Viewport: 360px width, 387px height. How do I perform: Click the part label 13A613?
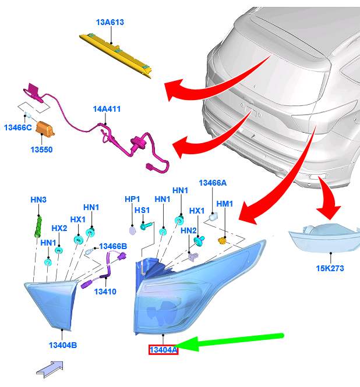click(x=110, y=22)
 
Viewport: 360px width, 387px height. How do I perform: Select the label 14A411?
click(x=107, y=109)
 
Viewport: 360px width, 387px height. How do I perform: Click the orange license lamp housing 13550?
click(x=45, y=129)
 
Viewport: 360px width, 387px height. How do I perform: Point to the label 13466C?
click(x=18, y=127)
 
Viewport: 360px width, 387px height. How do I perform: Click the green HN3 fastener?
click(x=38, y=226)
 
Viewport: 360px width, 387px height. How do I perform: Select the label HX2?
click(x=59, y=228)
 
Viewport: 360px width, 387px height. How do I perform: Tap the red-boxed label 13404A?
click(x=163, y=350)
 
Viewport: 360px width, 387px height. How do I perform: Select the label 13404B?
click(x=63, y=345)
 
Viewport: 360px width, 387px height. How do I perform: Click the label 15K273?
click(x=330, y=268)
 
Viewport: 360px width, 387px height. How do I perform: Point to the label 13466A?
click(x=213, y=183)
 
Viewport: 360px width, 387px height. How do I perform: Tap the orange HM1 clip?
click(x=222, y=240)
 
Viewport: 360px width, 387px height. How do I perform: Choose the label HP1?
click(x=132, y=199)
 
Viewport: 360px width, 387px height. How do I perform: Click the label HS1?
click(x=142, y=210)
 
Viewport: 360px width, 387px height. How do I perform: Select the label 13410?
click(x=105, y=292)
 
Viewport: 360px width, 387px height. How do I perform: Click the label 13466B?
click(x=113, y=246)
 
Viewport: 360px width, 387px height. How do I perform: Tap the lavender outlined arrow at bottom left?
click(x=50, y=369)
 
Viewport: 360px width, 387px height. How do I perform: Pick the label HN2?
click(x=189, y=230)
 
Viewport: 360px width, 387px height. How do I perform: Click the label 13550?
click(x=41, y=150)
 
